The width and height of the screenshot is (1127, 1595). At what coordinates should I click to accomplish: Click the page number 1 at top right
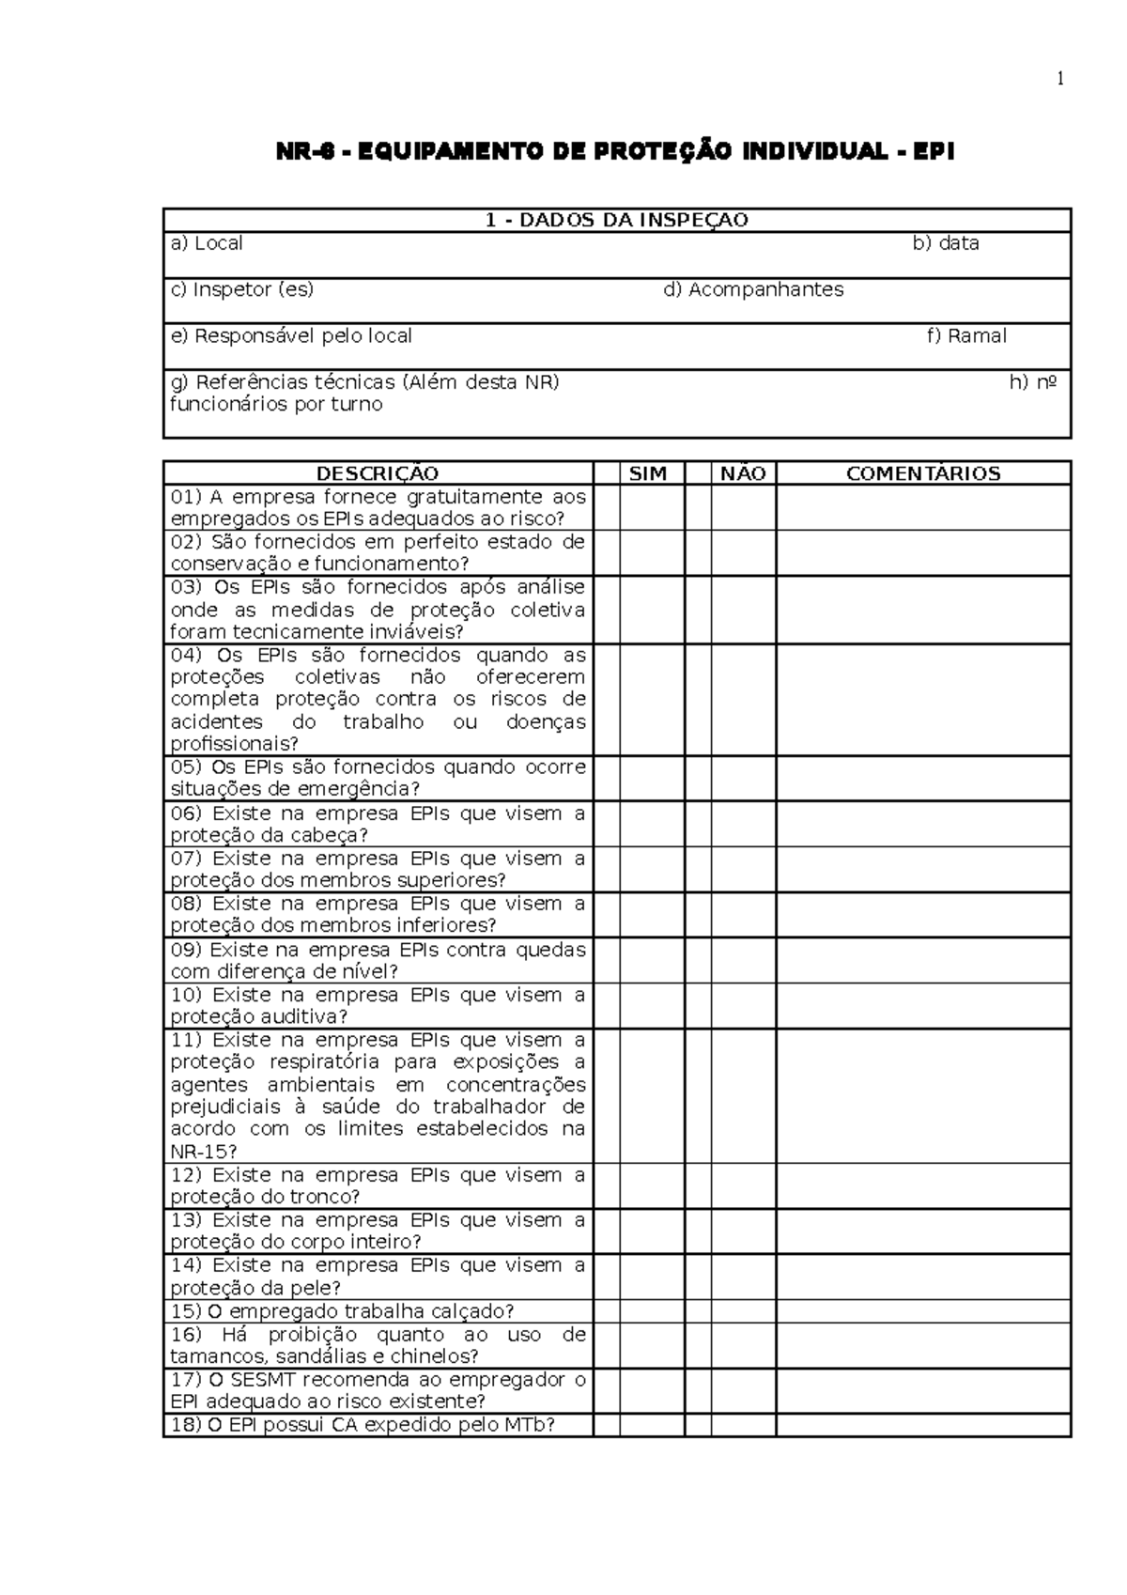(x=1060, y=80)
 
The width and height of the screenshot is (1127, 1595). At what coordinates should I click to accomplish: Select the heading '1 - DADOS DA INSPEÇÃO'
(x=616, y=221)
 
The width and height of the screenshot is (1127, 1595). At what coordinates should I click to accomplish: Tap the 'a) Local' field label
(x=207, y=243)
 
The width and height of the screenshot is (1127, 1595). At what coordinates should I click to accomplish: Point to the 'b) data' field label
(x=946, y=243)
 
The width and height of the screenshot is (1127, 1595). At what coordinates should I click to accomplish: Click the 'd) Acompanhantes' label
(x=753, y=289)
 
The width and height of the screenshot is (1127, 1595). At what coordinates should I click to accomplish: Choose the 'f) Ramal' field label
(x=966, y=335)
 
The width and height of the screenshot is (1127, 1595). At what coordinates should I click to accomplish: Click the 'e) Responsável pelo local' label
(x=291, y=335)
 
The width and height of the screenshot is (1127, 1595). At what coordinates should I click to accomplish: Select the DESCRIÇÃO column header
(x=378, y=473)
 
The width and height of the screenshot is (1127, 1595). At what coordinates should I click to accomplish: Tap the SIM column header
(x=648, y=473)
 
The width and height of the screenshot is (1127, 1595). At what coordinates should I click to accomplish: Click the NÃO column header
(x=743, y=473)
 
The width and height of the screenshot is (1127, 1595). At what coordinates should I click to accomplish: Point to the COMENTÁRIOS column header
(x=923, y=473)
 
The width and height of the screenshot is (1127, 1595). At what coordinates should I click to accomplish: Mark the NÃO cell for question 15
(x=743, y=1311)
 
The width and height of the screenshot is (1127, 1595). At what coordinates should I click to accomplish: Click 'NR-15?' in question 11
(x=204, y=1152)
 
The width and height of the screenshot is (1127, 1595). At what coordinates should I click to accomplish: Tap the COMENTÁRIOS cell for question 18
(x=923, y=1425)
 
